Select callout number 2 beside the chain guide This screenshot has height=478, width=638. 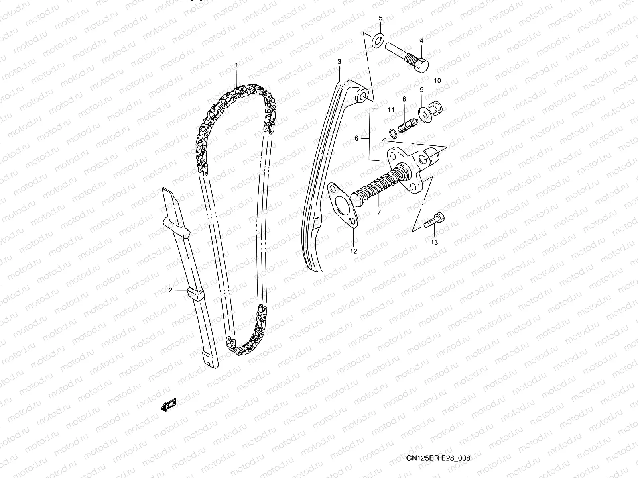[170, 290]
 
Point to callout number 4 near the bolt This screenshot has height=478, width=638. [421, 41]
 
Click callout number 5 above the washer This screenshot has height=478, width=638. [380, 18]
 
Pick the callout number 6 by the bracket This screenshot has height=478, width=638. [357, 138]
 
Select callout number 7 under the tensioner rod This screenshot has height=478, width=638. [379, 212]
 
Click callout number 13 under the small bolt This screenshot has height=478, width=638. [434, 242]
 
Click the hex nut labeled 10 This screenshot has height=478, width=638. [437, 106]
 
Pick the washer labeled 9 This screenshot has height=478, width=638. [423, 113]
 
